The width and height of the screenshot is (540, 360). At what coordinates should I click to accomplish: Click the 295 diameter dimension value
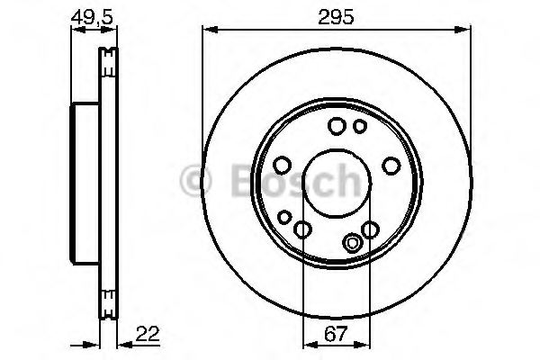click(335, 15)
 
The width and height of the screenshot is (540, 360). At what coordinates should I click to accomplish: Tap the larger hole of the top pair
click(337, 126)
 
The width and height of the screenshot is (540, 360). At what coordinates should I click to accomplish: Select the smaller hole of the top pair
click(359, 126)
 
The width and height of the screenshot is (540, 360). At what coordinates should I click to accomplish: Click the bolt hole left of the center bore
click(281, 165)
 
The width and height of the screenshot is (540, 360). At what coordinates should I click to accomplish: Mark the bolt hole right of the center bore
click(391, 165)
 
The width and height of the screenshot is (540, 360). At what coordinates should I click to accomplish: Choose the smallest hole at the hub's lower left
click(285, 217)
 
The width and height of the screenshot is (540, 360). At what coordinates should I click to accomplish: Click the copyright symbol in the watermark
click(195, 181)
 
